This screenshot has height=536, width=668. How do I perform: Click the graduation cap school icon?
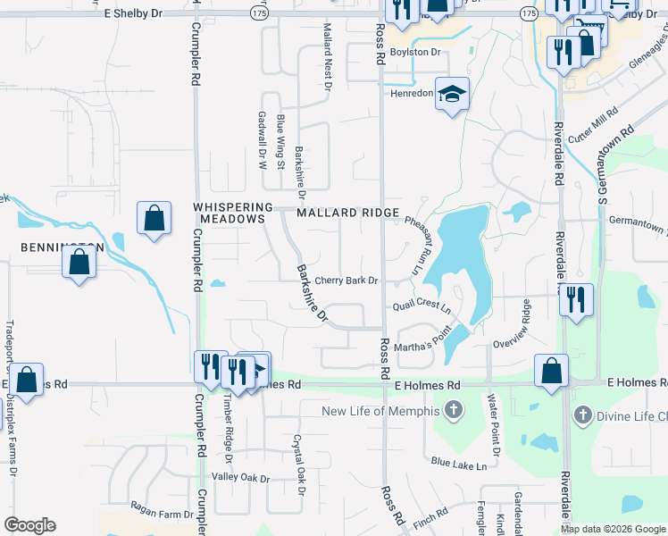pos(452,93)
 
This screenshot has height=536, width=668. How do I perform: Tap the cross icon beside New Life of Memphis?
pos(455,412)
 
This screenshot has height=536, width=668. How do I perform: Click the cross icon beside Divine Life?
pos(583,415)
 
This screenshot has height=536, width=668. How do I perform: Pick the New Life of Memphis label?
pos(381,411)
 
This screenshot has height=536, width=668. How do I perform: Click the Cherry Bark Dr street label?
pos(347,281)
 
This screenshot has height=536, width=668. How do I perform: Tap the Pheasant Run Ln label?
pos(412,246)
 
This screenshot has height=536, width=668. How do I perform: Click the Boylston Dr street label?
pos(417,53)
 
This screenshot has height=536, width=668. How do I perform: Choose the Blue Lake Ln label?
pos(458,465)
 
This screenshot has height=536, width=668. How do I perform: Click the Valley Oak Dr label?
pos(240,479)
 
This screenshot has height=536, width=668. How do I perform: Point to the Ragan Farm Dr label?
pos(163,515)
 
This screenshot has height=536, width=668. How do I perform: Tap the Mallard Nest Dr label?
pos(327,58)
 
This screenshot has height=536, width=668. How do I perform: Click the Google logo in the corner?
pos(29,525)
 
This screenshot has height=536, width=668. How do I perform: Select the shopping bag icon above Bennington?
pos(154,217)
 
